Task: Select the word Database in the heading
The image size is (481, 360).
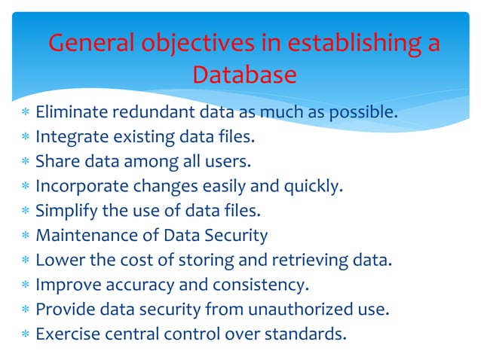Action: pyautogui.click(x=244, y=75)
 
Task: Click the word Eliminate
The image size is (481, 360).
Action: pyautogui.click(x=71, y=114)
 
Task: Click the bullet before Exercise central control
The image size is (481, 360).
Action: pyautogui.click(x=26, y=334)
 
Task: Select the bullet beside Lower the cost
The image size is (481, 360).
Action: pyautogui.click(x=26, y=261)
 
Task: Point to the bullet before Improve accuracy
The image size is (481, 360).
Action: pyautogui.click(x=26, y=285)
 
